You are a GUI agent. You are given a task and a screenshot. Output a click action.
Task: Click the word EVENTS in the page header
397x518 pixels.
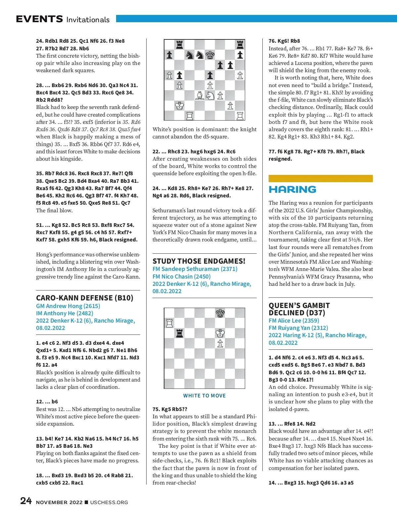pos(39,19)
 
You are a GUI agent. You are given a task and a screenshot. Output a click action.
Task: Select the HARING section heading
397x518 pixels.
pos(292,189)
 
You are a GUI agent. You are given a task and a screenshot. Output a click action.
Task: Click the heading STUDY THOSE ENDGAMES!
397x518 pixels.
pos(199,261)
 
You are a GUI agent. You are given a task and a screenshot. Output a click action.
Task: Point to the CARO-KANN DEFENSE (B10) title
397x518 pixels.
pos(85,298)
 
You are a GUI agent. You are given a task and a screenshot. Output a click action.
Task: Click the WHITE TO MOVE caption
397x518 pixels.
pos(204,395)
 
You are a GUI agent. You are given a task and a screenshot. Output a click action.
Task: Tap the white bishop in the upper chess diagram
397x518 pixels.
pos(200,95)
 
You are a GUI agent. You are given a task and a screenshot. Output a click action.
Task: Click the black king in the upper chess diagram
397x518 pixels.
pos(210,55)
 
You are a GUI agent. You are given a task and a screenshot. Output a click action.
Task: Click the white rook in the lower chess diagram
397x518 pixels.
pos(169,323)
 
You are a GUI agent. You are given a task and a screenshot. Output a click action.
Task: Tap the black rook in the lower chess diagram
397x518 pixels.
pos(180,333)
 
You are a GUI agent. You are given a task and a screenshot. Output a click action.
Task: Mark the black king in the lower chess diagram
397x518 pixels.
pos(220,313)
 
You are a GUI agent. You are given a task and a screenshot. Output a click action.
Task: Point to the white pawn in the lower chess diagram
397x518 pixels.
pos(220,343)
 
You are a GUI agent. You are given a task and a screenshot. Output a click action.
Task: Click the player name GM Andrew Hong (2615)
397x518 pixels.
pos(68,306)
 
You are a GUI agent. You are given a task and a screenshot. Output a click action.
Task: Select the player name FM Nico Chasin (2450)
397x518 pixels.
pos(181,276)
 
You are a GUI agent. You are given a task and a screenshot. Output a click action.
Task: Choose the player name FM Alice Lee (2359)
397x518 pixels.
pos(294,320)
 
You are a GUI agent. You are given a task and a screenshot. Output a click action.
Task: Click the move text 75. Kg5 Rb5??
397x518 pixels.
pos(170,409)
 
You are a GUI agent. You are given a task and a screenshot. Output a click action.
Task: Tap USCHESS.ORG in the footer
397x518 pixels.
pos(109,502)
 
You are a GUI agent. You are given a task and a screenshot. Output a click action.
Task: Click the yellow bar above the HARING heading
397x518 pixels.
pos(321,179)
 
